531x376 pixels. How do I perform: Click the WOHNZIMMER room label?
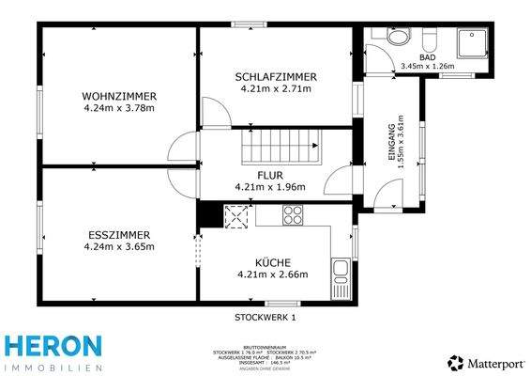point(119,97)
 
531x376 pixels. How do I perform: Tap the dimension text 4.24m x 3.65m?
point(119,246)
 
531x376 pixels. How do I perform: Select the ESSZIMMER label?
point(119,234)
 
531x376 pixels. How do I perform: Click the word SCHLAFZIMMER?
point(275,76)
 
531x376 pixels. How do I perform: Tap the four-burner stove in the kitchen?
point(293,214)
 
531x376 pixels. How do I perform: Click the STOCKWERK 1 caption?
point(265,318)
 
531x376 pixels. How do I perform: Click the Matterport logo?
point(482,362)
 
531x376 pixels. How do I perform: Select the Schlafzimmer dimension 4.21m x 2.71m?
point(275,88)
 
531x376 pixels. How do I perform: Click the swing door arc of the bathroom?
point(376,61)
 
